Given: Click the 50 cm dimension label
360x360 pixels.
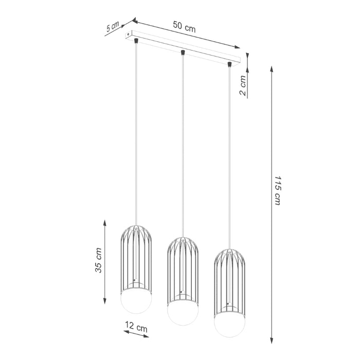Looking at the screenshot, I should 184,27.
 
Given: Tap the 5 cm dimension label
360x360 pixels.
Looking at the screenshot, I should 112,27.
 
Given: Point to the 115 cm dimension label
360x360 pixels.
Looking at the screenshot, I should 277,191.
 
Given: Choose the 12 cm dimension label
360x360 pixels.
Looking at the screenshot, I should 136,327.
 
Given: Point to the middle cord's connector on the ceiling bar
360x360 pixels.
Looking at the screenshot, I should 183,51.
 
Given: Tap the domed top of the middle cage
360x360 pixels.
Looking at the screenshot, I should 183,243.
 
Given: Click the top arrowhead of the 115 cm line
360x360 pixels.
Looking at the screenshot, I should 272,69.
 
